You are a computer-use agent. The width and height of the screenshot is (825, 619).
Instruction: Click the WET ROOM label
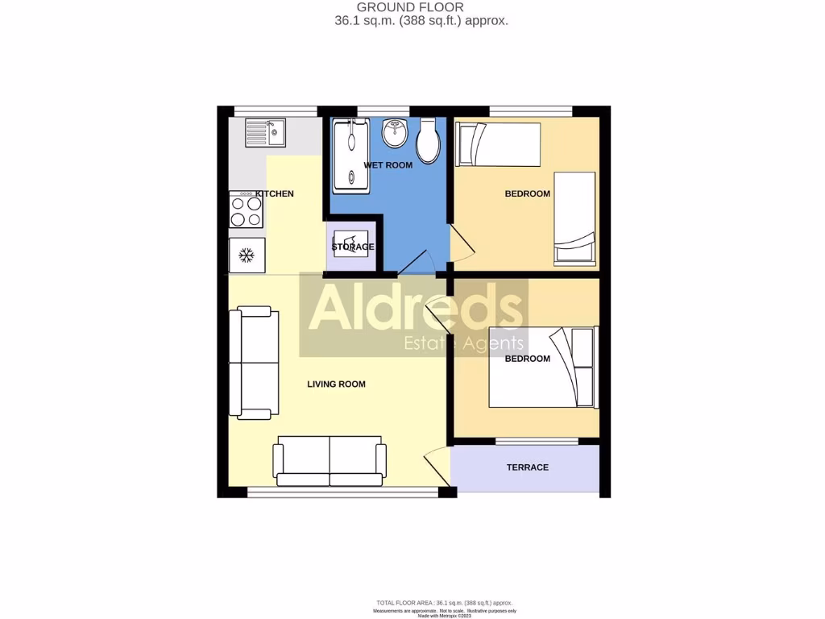click(388, 165)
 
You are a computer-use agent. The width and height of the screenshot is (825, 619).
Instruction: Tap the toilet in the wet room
click(428, 141)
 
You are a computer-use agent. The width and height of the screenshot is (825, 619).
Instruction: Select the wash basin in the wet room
click(395, 134)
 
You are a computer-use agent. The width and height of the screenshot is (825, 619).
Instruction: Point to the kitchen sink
click(265, 133)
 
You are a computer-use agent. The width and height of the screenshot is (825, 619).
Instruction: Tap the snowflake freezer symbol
click(247, 255)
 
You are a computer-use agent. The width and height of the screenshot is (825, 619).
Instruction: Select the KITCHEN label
click(275, 194)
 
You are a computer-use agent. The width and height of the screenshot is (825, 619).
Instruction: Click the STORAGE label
click(353, 247)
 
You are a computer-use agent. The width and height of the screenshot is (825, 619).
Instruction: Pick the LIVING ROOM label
click(336, 384)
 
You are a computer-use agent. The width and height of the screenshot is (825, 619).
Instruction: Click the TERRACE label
click(527, 467)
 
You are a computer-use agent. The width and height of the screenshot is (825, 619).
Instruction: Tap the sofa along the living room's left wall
click(254, 363)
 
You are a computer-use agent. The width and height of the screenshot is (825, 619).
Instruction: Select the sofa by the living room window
click(329, 462)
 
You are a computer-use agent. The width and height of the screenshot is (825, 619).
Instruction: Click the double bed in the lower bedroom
click(541, 367)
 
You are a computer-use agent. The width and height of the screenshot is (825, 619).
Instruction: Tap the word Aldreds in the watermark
click(415, 309)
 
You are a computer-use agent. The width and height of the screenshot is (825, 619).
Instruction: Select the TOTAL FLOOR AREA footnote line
click(444, 603)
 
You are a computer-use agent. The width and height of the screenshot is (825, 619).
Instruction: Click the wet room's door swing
click(420, 261)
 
